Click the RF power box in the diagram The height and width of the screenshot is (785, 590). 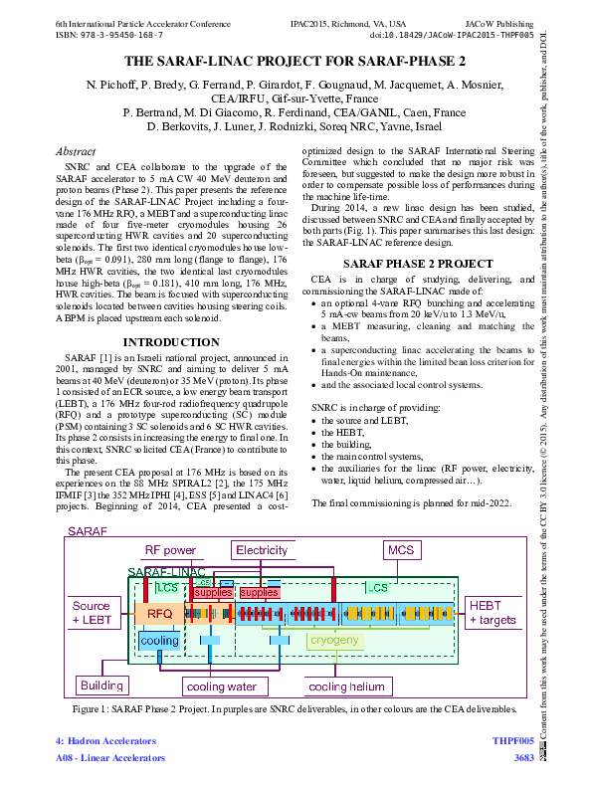click(170, 550)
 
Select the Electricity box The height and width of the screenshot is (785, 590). click(261, 550)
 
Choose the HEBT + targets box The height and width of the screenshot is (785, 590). click(492, 613)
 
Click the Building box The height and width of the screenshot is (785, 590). click(101, 686)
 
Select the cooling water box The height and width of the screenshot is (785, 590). click(221, 687)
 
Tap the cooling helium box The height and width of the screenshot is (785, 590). click(346, 687)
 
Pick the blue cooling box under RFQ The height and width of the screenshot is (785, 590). click(159, 641)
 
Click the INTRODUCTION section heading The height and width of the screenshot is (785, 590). click(163, 314)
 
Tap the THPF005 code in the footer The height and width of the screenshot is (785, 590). click(512, 741)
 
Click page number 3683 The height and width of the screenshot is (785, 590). click(522, 758)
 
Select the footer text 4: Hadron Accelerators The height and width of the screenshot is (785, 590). click(106, 741)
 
